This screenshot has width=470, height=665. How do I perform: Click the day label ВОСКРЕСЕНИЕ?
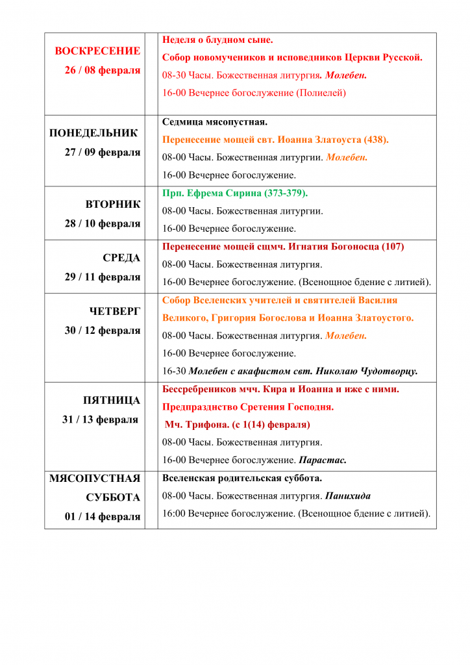(x=97, y=51)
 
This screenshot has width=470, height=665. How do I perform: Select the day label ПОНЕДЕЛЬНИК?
(x=93, y=133)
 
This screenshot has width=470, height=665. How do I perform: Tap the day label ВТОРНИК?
(x=113, y=205)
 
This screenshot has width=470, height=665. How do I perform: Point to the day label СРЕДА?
(x=121, y=258)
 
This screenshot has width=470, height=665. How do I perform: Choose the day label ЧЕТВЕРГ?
(x=115, y=311)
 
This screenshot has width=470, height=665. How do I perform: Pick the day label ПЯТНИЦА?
(x=112, y=400)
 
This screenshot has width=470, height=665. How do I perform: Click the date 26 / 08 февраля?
(x=102, y=70)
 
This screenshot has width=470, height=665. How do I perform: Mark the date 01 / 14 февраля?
(x=103, y=517)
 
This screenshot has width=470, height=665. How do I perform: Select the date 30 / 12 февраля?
(x=102, y=331)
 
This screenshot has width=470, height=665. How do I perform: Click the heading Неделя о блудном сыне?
(x=217, y=40)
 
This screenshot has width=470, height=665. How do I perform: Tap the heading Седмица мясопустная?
(x=215, y=121)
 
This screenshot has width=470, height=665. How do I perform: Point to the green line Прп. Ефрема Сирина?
(x=234, y=193)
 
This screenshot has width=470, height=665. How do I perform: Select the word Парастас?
(x=322, y=460)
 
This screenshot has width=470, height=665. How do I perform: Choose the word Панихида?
(x=348, y=496)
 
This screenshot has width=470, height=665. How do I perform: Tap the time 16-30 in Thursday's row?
(x=174, y=371)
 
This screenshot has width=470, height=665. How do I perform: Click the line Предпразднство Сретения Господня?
(x=248, y=407)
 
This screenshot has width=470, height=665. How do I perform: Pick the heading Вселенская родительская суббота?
(x=241, y=478)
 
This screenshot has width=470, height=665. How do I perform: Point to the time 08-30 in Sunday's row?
(x=174, y=75)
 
